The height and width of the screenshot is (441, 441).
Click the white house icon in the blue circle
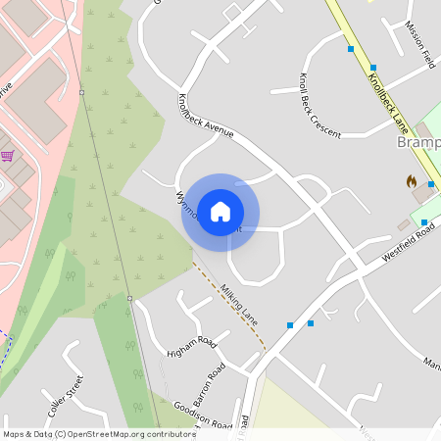pyautogui.click(x=220, y=212)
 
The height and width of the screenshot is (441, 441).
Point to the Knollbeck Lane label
pyautogui.click(x=387, y=103)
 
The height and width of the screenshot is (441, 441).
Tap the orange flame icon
pyautogui.click(x=412, y=181)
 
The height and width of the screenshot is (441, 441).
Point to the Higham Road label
pyautogui.click(x=191, y=342)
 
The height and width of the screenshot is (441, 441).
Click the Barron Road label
pyautogui.click(x=209, y=384)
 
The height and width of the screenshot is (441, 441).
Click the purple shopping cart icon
pyautogui.click(x=8, y=155)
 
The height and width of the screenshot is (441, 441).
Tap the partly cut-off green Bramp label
pyautogui.click(x=419, y=143)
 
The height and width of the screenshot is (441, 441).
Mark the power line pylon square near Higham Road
pyautogui.click(x=129, y=298)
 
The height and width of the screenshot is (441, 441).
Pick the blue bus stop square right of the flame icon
pyautogui.click(x=423, y=222)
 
